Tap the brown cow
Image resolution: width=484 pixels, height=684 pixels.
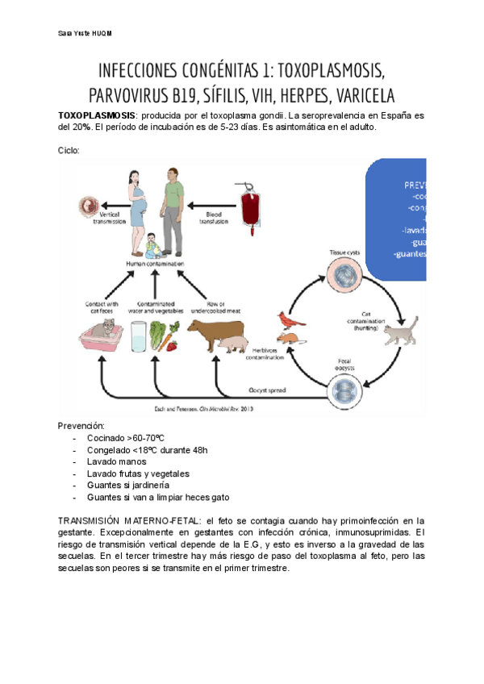click(215, 332)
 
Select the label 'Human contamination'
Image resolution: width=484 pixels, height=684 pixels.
click(155, 264)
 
